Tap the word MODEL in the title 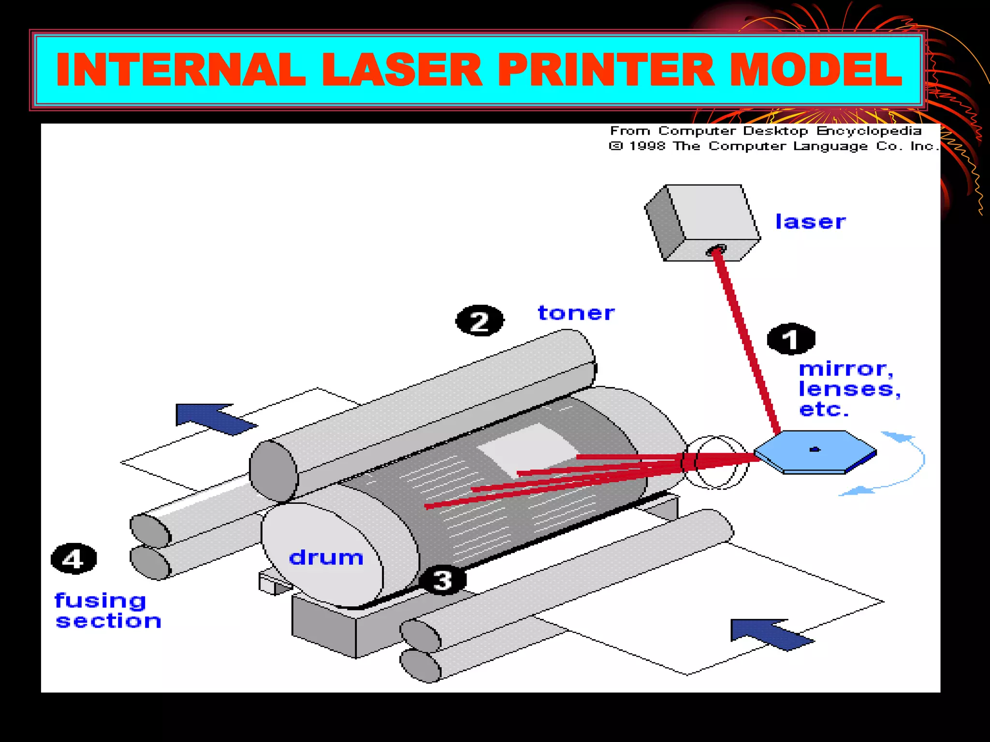point(815,70)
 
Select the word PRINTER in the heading point(606,70)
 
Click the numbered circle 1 point(791,339)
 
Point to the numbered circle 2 point(480,321)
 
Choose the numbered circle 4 point(73,559)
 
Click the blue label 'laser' point(810,222)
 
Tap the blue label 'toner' point(576,313)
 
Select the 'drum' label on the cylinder point(326,557)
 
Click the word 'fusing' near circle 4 point(100,600)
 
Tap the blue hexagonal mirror point(815,452)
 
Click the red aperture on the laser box point(715,250)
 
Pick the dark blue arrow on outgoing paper point(213,418)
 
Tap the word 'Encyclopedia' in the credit point(869,131)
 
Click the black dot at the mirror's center point(815,449)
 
